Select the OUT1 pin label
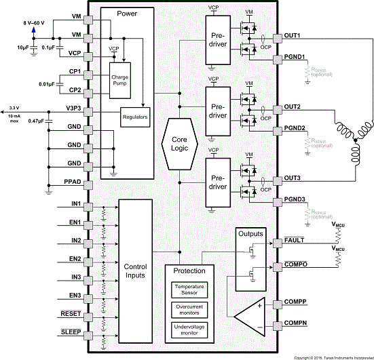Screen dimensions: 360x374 click(x=292, y=35)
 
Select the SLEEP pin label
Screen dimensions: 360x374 click(x=71, y=332)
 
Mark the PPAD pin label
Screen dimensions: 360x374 click(x=73, y=183)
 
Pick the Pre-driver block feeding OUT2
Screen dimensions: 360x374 click(x=218, y=111)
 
